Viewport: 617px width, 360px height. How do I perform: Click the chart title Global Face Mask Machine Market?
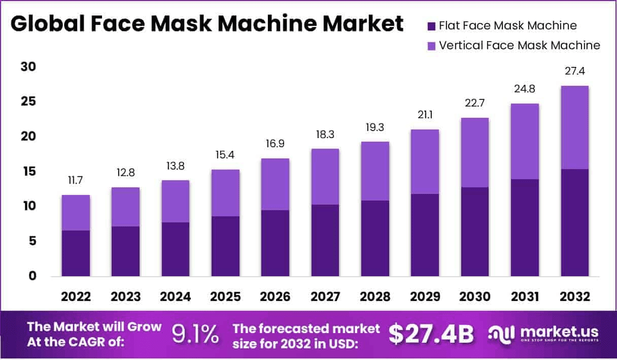[x=207, y=24]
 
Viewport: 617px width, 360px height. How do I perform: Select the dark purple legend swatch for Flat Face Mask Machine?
[x=432, y=26]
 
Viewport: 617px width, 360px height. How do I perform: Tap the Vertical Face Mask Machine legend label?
[x=520, y=46]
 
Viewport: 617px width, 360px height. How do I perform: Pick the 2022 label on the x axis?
[x=76, y=297]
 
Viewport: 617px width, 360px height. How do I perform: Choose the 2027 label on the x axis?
[x=325, y=297]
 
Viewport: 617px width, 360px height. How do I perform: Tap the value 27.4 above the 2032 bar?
[x=575, y=72]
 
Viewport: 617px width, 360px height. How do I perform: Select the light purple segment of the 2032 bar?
[x=575, y=127]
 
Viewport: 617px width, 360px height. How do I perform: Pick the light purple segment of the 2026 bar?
[x=276, y=184]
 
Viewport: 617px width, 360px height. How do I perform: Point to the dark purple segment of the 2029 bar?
[x=425, y=235]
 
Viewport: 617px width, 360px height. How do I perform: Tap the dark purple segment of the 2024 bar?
[x=176, y=249]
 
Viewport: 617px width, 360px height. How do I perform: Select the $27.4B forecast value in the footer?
[x=431, y=334]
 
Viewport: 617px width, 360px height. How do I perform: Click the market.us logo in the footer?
[x=543, y=334]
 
